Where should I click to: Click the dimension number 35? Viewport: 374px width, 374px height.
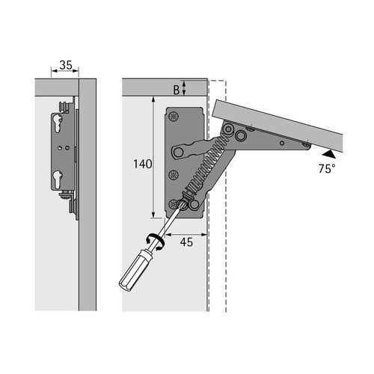point(66,65)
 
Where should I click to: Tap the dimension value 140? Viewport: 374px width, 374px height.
point(142,164)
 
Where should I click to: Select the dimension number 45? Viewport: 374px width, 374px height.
point(186,242)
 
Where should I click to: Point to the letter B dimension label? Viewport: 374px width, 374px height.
point(177,90)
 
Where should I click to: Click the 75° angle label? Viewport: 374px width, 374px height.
point(327,169)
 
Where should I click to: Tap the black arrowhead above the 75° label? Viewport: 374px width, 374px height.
point(329,154)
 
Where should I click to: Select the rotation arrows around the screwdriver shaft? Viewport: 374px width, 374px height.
point(155,242)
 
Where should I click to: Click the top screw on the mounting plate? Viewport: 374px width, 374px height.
point(174,116)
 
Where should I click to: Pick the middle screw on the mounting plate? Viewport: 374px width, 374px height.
point(174,175)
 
